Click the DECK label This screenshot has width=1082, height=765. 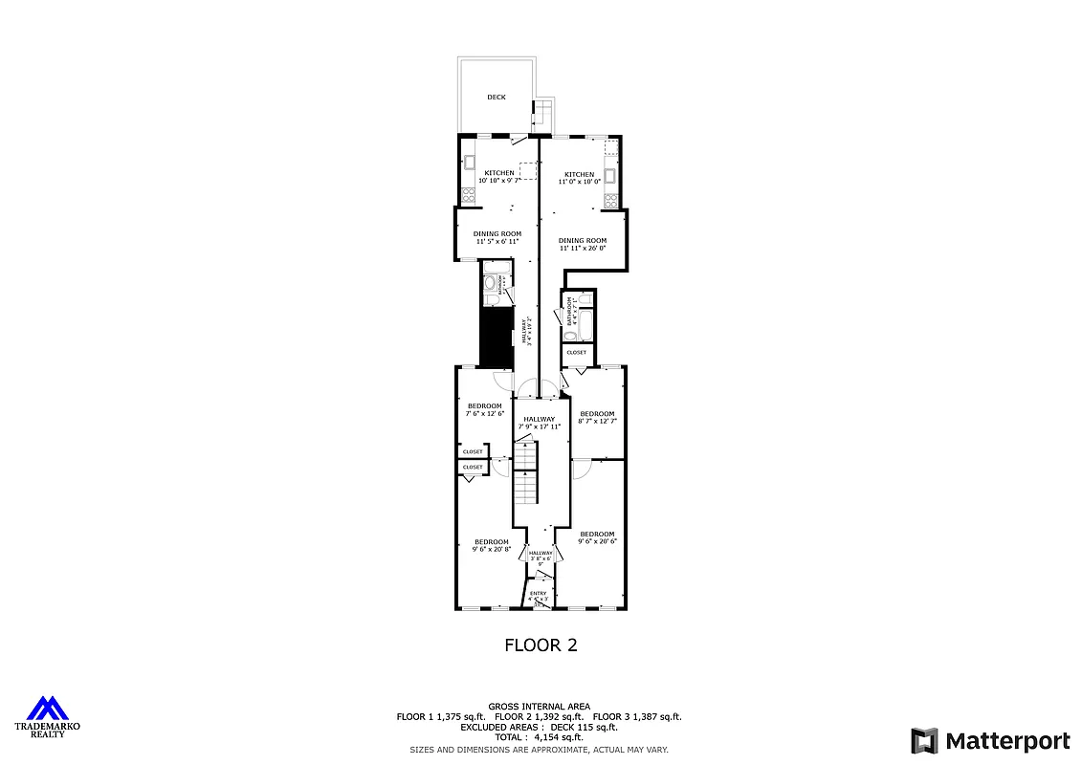coord(496,97)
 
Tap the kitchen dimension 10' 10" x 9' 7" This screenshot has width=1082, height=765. coord(498,180)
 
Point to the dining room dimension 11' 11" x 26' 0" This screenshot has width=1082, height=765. coord(583,248)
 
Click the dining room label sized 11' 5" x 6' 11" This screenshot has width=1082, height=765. coord(497,234)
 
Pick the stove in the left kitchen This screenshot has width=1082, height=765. coord(469,195)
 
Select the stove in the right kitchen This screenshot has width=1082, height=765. coord(609,199)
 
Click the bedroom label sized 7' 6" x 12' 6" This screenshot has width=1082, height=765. coord(484,406)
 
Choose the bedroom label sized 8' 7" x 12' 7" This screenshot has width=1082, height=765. coord(597,414)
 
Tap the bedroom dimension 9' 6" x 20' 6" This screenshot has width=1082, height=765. coord(597,541)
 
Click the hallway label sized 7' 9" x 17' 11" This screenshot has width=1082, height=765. coord(540,419)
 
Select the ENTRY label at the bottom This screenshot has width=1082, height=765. coord(539,594)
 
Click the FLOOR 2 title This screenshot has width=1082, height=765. coord(541,645)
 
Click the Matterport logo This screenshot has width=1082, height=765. coord(990,740)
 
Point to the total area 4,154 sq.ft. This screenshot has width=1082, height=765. coord(539,737)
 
